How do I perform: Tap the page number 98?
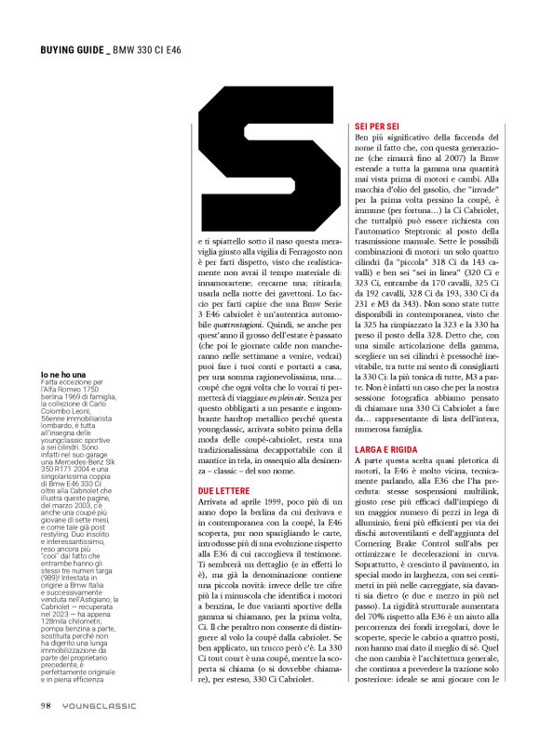coord(46,704)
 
